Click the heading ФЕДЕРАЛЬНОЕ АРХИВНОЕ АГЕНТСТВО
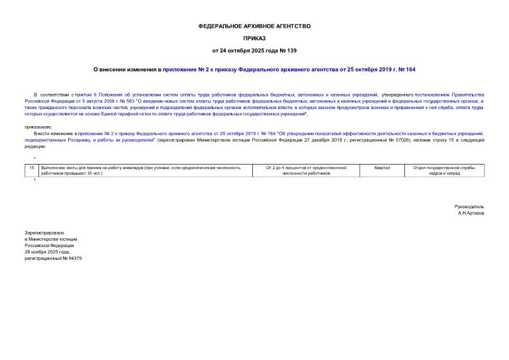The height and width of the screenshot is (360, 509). pos(254,26)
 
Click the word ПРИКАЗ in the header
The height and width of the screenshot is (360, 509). pos(254,38)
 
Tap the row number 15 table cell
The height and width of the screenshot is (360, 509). pos(32,168)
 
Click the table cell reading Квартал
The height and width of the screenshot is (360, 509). pos(382,168)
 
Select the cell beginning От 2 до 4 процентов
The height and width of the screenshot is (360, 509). pos(307,170)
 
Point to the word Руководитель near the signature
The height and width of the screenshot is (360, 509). pos(469,207)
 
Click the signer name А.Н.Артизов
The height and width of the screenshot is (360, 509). pos(471,213)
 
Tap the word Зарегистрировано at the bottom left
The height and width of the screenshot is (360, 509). pos(44,233)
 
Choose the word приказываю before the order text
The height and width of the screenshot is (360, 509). pos(40,127)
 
